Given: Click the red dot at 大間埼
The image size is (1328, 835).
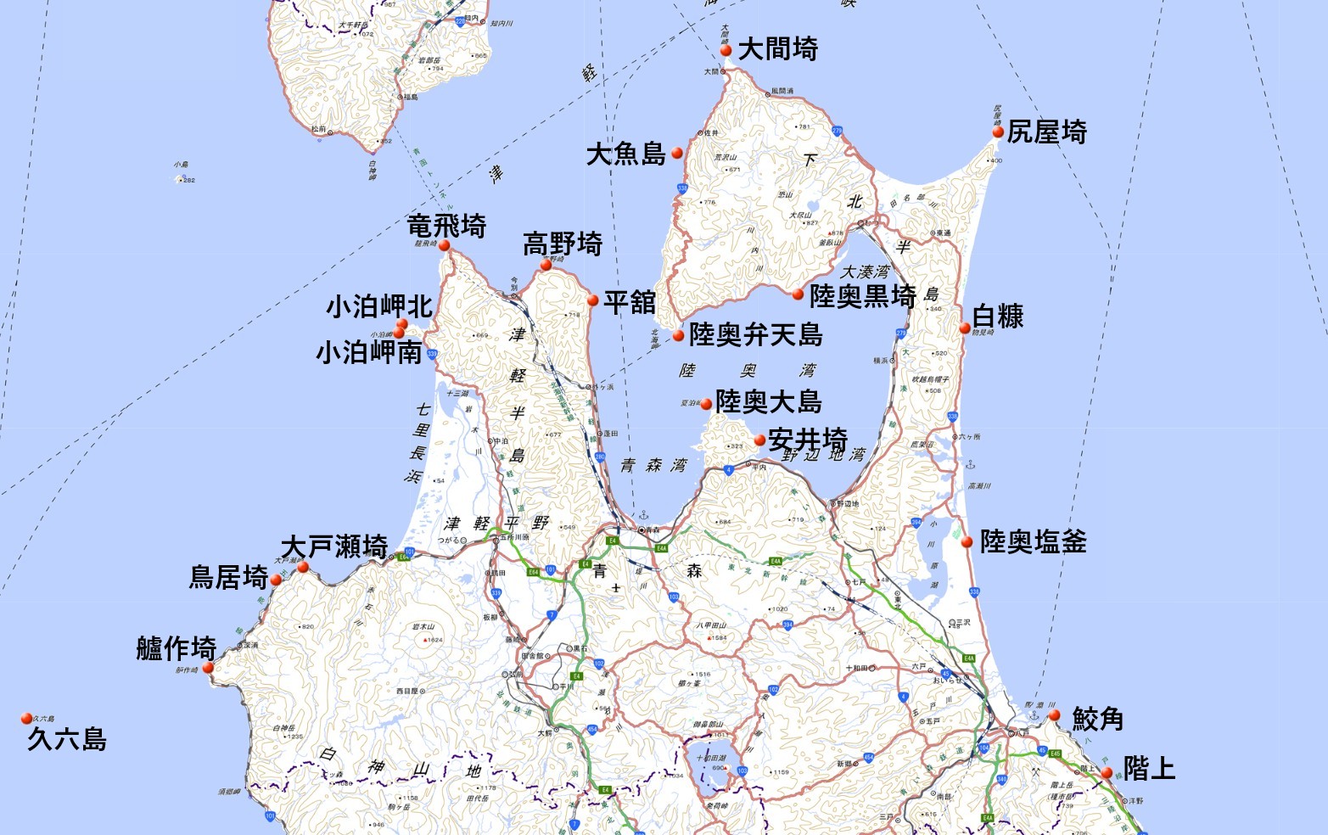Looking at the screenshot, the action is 726,51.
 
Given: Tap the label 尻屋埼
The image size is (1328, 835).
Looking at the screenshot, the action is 1047,132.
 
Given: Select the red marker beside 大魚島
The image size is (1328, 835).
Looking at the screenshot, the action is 677,154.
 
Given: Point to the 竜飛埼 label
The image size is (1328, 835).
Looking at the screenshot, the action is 446,227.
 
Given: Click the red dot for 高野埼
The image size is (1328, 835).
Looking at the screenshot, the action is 546,266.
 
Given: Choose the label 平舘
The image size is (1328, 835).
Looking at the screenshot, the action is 630,302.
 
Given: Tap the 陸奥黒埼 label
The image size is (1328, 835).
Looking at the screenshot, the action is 862,296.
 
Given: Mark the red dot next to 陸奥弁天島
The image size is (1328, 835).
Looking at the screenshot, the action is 678,336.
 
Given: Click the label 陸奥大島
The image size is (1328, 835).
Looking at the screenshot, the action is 768,401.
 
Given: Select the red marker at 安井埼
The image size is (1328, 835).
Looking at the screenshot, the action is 759,440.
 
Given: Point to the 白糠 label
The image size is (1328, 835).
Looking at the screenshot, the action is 998,317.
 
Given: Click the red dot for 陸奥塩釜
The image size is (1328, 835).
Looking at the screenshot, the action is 967,542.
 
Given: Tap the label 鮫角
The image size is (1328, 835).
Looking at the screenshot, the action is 1098,719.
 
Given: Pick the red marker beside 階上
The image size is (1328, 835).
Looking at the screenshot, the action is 1107,773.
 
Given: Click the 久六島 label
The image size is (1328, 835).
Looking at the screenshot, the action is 67,739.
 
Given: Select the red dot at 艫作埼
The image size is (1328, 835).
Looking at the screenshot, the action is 208,668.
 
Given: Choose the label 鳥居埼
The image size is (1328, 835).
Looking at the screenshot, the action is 228,578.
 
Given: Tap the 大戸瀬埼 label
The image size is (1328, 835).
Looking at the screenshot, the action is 334,546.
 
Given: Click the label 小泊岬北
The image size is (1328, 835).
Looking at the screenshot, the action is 379,306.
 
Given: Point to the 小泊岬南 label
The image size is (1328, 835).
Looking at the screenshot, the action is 369,352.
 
